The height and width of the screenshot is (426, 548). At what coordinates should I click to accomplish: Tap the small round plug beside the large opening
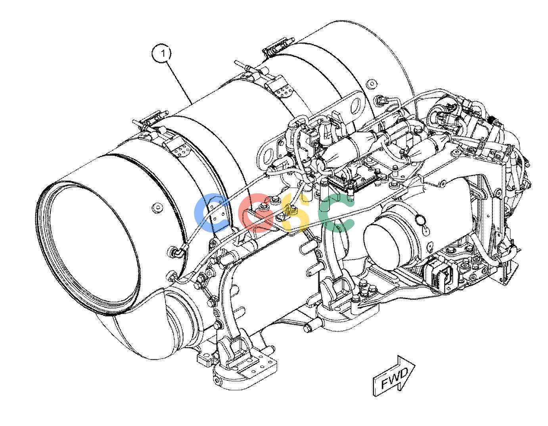(157, 207)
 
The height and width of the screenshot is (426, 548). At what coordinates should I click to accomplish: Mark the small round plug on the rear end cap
(372, 83)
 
